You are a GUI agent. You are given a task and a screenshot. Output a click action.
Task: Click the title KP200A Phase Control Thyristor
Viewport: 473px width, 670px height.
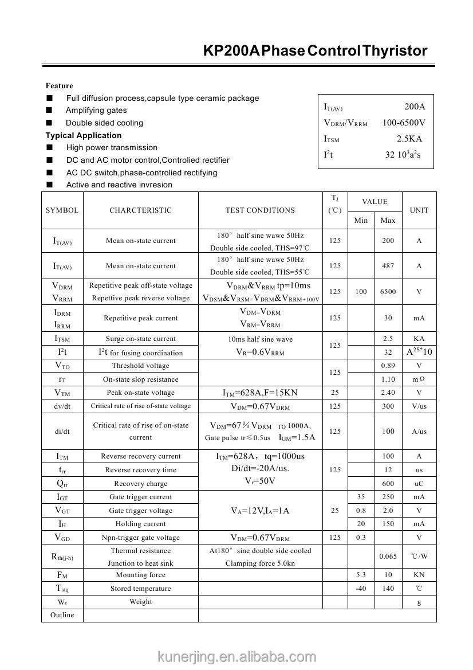coord(315,51)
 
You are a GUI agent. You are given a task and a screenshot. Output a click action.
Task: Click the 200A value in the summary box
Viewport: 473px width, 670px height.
coord(415,107)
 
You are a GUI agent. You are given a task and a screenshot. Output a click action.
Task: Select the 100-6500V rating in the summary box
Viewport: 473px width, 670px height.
coord(404,123)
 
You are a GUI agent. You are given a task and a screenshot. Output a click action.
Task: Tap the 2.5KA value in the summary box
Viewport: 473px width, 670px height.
coord(409,139)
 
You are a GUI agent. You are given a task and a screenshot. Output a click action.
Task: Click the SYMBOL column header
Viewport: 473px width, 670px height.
coord(62,210)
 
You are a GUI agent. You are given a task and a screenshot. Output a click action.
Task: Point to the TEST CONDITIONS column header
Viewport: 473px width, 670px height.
coord(260,210)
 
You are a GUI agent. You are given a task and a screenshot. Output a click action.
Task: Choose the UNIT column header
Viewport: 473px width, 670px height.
coord(419,210)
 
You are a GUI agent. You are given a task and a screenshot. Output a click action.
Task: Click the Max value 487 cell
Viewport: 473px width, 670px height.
coord(388,266)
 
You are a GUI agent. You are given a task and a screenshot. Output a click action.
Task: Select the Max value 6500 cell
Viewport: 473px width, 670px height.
coord(388,292)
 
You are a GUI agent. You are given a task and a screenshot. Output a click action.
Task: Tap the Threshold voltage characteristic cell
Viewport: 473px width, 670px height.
coord(141,366)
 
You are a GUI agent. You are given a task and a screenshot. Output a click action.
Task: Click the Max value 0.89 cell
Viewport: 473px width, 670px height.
coord(388,366)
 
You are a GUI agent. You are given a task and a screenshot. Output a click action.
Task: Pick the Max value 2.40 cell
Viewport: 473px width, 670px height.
coord(388,393)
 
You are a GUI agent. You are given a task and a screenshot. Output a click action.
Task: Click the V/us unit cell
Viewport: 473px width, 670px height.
coord(419,406)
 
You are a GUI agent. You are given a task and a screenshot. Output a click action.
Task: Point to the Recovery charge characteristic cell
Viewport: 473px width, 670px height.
coord(141,484)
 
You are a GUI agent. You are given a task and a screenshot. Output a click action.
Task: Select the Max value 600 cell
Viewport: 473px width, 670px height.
coord(388,484)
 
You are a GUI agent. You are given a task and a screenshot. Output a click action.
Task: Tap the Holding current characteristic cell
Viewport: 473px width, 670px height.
coord(141,524)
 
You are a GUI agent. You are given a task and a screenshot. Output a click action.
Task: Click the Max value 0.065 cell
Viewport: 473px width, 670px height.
coord(388,557)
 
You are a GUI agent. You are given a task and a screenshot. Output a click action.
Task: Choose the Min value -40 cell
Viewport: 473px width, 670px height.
coord(361,589)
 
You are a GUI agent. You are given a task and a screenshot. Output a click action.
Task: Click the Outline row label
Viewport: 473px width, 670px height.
coord(62,615)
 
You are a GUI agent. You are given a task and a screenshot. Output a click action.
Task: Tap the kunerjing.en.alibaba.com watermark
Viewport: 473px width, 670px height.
coord(236,657)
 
